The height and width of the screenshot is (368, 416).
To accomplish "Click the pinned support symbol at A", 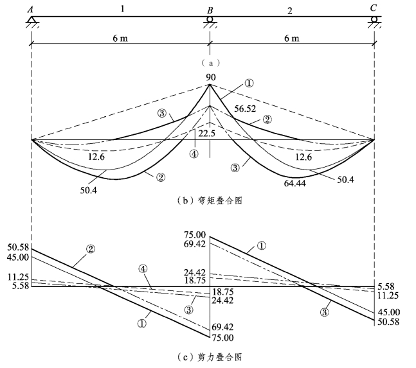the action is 31,22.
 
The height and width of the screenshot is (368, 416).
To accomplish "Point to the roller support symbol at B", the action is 209,22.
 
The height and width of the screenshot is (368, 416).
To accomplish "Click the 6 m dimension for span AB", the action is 120,39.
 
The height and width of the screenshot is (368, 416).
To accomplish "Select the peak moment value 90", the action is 210,78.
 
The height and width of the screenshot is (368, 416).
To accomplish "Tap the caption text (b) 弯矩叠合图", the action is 209,201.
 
